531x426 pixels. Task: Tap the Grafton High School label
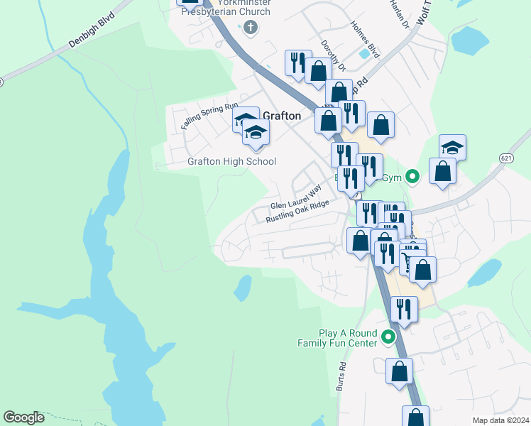pos(231,162)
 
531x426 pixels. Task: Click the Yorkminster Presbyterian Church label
pos(226,8)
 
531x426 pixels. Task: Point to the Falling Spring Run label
pos(209,116)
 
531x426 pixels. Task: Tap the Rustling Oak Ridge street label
pos(298,211)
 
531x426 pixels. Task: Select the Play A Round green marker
pos(388,337)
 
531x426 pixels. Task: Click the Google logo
pos(24,417)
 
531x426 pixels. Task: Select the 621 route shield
pos(505,157)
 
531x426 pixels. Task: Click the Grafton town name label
pos(282,115)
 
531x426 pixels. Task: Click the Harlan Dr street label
pos(400,13)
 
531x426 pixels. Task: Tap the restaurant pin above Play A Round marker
pos(403,310)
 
